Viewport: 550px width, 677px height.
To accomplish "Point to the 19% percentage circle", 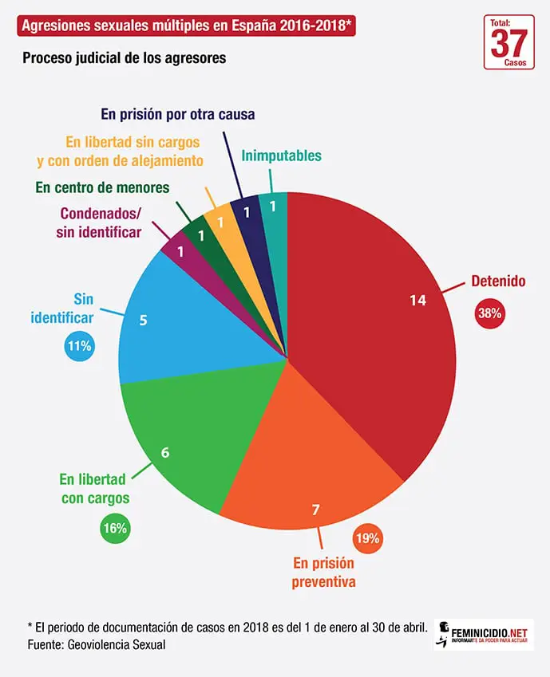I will coord(367,538).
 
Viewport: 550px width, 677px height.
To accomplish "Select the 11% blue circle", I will coord(79,346).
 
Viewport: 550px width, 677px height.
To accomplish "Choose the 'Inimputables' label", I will coord(281,155).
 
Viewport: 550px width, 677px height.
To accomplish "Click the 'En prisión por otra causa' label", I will coord(178,114).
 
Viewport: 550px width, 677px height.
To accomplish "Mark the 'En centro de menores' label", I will coord(102,188).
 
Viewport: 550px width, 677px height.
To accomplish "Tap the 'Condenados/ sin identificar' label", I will coord(99,222).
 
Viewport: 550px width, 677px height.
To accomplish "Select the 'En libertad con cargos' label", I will coord(93,489).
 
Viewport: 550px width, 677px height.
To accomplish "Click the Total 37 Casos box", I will coord(509,41).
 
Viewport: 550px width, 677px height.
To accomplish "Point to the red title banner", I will coord(187,26).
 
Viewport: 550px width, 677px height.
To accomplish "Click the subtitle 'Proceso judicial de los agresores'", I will coord(124,58).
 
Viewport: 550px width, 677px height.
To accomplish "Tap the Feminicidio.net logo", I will coord(484,633).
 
